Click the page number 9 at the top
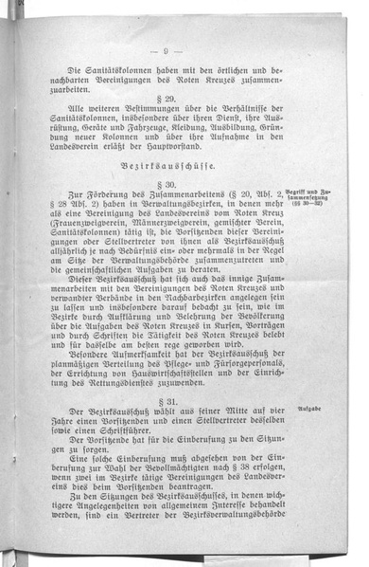[x=167, y=50]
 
